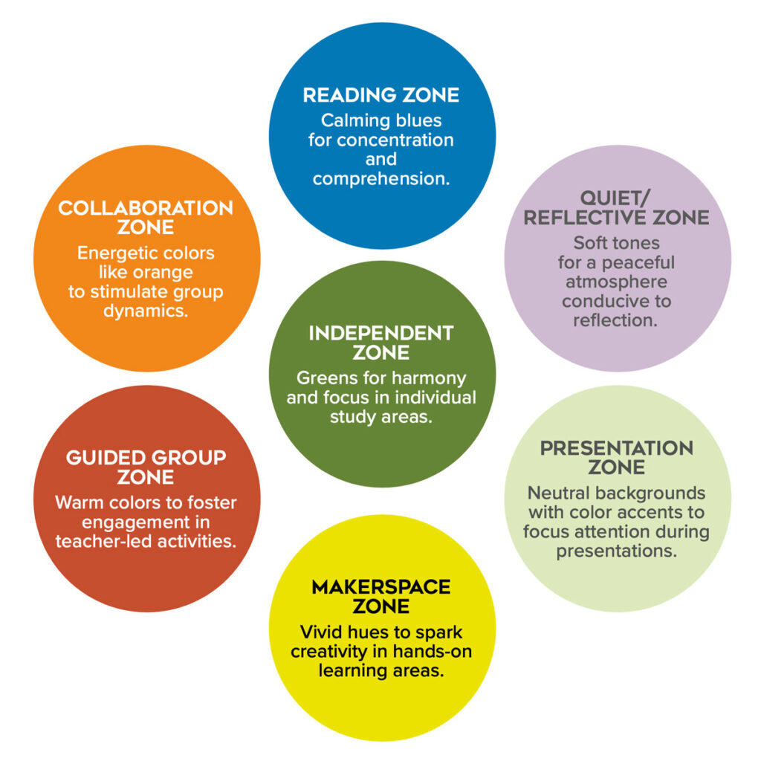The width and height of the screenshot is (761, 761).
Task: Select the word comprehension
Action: pos(381,179)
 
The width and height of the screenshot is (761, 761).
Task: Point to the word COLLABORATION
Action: pos(146,208)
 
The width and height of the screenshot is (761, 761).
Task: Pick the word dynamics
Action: pos(146,311)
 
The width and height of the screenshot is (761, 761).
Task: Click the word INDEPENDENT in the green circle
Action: pos(381,333)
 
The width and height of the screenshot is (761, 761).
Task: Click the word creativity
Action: pos(330,652)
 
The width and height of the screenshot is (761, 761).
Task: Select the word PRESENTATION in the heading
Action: pos(616,449)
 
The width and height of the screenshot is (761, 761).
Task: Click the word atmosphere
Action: pos(616,282)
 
